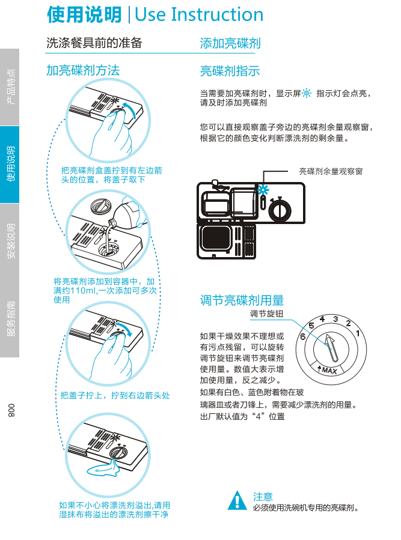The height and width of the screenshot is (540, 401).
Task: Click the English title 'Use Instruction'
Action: coord(200,14)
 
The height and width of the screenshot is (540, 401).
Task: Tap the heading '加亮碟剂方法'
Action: coord(83,70)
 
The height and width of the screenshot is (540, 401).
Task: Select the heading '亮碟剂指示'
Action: coord(230,71)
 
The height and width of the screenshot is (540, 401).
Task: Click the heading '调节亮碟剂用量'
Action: coord(242,300)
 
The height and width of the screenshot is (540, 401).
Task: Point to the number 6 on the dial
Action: coord(302,337)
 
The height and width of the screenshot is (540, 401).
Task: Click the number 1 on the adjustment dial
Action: coord(358,333)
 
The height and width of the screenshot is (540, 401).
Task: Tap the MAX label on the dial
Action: coord(329,370)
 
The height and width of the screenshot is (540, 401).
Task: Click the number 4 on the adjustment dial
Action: coord(323,318)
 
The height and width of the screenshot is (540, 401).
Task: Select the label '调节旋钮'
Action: coord(267,314)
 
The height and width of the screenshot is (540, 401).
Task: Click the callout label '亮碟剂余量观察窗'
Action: coord(331,172)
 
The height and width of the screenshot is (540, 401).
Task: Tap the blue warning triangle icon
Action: coord(238,500)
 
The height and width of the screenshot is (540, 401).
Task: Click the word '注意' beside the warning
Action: coord(263,497)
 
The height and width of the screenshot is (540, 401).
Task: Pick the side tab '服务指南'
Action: coord(10,318)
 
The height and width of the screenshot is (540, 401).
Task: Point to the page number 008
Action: coord(10,410)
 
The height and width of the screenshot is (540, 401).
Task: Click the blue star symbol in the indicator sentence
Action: coord(306,93)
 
